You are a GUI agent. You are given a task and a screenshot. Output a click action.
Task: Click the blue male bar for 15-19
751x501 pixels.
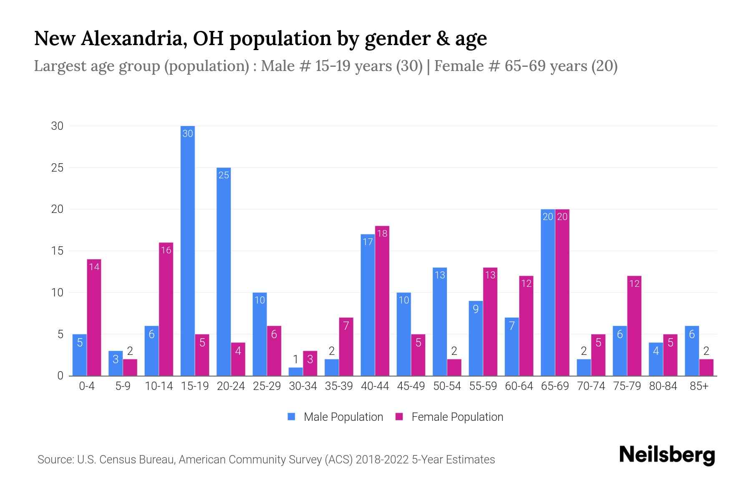188,250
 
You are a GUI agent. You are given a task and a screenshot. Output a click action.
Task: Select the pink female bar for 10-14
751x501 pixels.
166,309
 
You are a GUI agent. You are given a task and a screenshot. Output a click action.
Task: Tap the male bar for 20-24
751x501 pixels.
224,271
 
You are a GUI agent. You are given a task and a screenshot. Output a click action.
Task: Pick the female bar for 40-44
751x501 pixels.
382,301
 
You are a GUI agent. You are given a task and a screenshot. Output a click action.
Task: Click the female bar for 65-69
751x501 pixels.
562,292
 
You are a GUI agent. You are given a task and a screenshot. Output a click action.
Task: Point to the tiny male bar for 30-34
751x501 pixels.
295,372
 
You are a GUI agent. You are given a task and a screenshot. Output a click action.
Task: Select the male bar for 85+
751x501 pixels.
692,351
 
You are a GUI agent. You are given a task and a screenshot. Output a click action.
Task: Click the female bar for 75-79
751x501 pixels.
634,326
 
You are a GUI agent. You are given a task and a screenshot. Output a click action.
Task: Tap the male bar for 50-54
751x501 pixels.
440,321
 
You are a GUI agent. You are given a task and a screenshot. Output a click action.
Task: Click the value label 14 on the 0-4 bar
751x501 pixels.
94,266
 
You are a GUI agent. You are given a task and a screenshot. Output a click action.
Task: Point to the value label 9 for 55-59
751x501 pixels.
476,309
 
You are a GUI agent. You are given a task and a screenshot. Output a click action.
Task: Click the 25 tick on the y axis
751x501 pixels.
57,168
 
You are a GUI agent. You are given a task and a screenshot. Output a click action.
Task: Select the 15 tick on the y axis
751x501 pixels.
57,251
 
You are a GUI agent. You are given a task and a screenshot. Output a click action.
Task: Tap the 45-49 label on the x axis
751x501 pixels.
411,386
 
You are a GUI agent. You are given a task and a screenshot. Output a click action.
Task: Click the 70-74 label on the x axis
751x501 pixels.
591,386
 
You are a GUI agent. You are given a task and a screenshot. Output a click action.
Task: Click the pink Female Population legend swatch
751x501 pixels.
399,417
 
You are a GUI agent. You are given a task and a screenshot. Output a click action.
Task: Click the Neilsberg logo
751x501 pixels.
667,455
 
